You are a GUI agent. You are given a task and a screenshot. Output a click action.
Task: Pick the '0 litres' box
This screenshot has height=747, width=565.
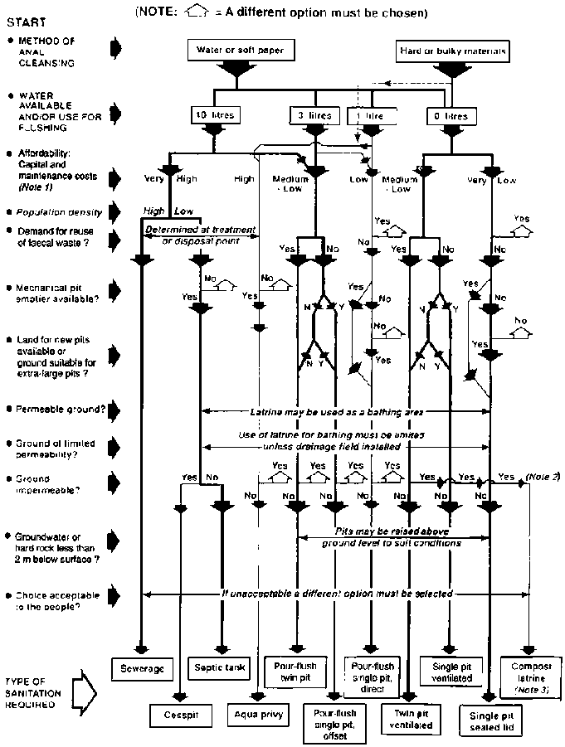point(451,115)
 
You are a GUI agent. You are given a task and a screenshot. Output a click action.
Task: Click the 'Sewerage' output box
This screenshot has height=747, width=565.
point(144,667)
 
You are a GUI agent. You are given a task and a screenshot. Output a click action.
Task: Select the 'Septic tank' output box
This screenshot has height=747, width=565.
point(217,667)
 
